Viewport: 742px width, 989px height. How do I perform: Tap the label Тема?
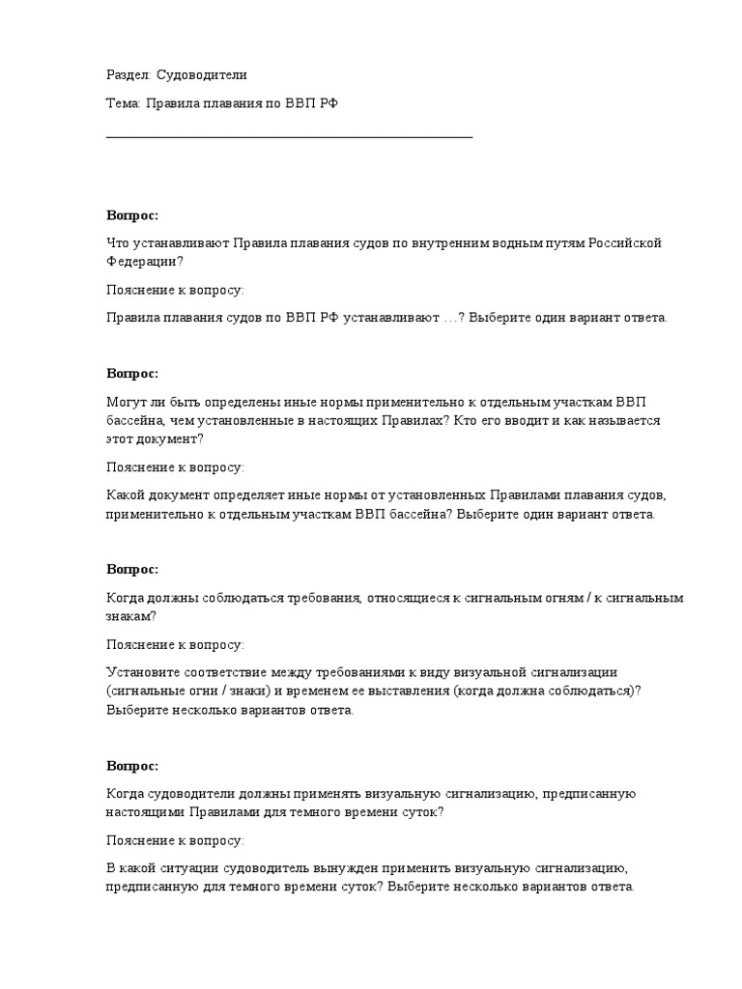[x=124, y=104]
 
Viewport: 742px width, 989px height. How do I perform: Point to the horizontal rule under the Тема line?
[x=289, y=137]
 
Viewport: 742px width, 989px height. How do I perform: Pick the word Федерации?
[x=144, y=261]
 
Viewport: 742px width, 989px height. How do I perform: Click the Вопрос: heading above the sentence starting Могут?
[x=132, y=374]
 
